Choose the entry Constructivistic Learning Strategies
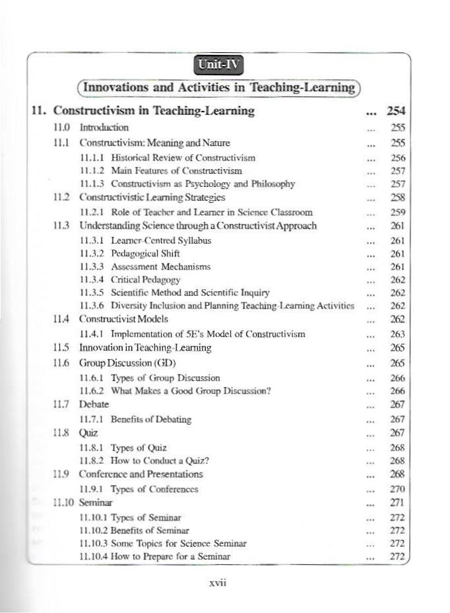152,197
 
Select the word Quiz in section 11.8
88,433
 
